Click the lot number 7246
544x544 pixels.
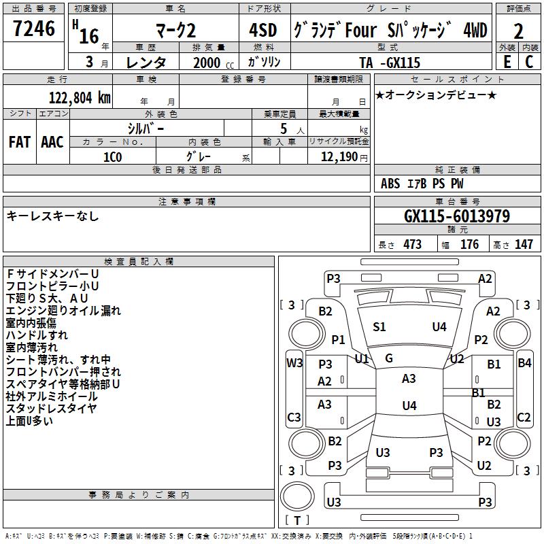(x=34, y=29)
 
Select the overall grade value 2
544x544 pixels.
(x=518, y=31)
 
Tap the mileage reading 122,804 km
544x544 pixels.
(x=80, y=98)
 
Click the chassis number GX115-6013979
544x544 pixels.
(x=457, y=216)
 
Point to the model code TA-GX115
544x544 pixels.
(x=390, y=63)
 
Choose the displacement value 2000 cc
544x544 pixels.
(x=214, y=63)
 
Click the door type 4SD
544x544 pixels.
(x=263, y=30)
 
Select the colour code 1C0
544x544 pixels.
(x=113, y=157)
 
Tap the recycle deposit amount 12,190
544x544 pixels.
(x=339, y=157)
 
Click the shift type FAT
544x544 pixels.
(x=20, y=142)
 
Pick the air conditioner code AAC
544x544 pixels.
(x=52, y=142)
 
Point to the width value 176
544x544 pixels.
(x=469, y=244)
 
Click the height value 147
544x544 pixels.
(x=524, y=244)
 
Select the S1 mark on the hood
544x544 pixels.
(x=379, y=327)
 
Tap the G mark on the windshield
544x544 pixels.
(x=389, y=358)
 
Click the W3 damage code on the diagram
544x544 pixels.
(x=294, y=363)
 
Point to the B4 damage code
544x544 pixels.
(x=524, y=363)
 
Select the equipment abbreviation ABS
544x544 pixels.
(x=390, y=184)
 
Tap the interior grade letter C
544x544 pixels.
(x=529, y=62)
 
